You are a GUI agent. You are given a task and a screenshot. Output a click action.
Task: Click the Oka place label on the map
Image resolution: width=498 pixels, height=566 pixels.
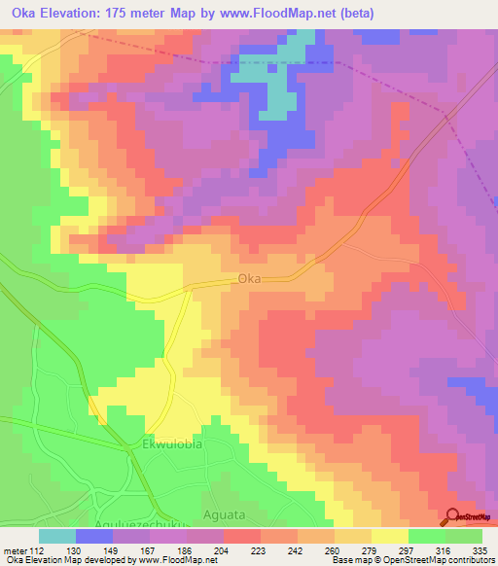pyautogui.click(x=249, y=279)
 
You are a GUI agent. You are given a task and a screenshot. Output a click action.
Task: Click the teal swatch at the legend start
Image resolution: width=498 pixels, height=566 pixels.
pyautogui.click(x=57, y=536)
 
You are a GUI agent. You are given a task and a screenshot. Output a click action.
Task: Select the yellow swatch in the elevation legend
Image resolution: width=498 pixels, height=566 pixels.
pyautogui.click(x=390, y=536)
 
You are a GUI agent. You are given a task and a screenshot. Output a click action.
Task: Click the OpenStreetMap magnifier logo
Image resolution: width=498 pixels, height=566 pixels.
pyautogui.click(x=453, y=517)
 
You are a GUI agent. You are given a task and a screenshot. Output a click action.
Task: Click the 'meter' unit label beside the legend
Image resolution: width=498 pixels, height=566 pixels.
pyautogui.click(x=14, y=550)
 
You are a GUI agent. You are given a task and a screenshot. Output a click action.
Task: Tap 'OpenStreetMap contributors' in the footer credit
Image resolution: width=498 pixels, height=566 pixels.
pyautogui.click(x=436, y=560)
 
